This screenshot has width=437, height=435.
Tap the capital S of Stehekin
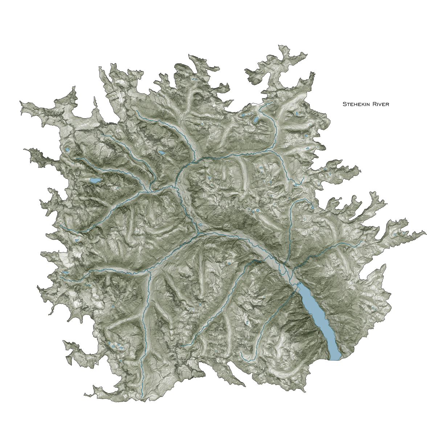pyautogui.click(x=344, y=104)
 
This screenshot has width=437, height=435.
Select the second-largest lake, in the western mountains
pyautogui.click(x=95, y=180)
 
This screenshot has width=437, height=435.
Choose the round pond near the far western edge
pyautogui.click(x=67, y=149)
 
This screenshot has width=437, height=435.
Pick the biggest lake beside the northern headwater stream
pyautogui.click(x=256, y=119)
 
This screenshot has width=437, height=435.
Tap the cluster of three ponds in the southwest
pyautogui.click(x=117, y=346)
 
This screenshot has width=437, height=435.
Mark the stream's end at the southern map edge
pyautogui.click(x=142, y=399)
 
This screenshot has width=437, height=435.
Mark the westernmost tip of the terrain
pyautogui.click(x=20, y=103)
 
